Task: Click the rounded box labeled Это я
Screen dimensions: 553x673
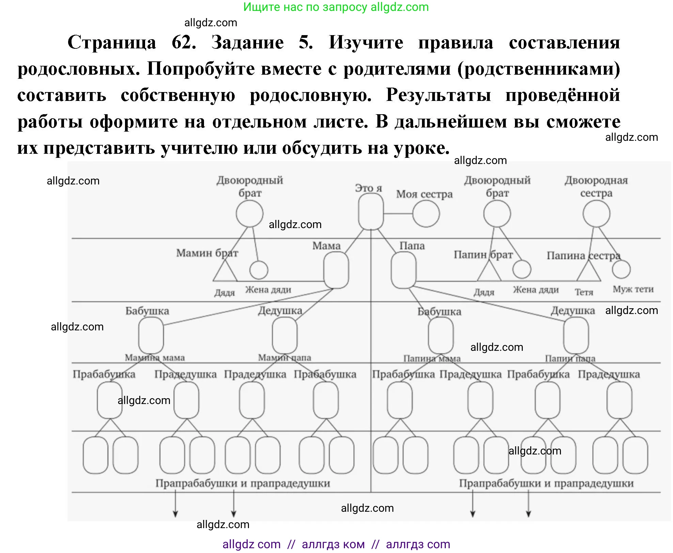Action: (x=371, y=212)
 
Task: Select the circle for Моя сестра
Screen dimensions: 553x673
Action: (x=426, y=214)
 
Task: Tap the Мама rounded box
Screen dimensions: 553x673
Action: (x=336, y=270)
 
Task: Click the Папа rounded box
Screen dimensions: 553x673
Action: (x=403, y=270)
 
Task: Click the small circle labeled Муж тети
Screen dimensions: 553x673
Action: (x=621, y=269)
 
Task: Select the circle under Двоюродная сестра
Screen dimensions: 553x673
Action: (x=596, y=214)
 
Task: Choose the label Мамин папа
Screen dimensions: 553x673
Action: (x=284, y=358)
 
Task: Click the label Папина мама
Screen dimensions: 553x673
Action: (x=432, y=358)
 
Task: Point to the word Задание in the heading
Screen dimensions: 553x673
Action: (x=247, y=43)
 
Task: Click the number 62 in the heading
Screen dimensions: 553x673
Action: (x=183, y=43)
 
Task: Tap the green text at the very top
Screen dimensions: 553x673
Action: (x=336, y=7)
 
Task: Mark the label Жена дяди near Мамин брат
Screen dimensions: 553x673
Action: (x=268, y=289)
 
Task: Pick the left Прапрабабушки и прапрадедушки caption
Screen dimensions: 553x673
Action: (x=242, y=483)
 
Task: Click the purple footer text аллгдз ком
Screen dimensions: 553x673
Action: (x=333, y=544)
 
